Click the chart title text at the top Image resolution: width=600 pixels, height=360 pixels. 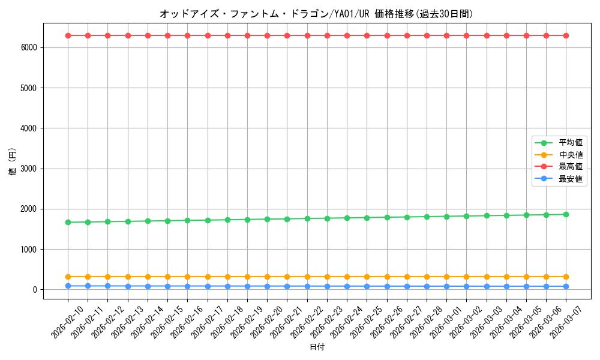316,14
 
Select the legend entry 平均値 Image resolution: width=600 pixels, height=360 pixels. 571,143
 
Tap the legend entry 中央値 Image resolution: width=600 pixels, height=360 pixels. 571,155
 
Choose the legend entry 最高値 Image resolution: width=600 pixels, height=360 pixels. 571,167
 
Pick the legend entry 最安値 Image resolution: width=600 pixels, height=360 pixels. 571,179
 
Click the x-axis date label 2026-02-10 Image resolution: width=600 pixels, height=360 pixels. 68,321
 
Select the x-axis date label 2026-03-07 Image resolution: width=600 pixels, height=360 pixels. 566,321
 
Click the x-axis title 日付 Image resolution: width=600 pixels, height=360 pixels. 317,347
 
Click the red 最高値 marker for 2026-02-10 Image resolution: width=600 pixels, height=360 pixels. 68,35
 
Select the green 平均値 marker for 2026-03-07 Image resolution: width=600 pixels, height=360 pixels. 566,214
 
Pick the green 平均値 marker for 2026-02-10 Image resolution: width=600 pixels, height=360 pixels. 68,222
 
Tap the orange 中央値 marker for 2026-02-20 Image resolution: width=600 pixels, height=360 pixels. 267,277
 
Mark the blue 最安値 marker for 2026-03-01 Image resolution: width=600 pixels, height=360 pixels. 446,286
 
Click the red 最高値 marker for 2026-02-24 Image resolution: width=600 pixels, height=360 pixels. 347,35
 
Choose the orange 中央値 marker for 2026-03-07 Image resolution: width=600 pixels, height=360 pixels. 566,277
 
